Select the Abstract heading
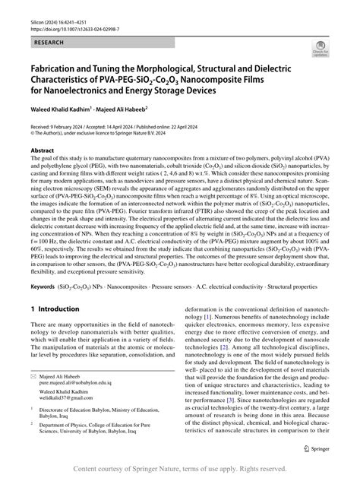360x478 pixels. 42,151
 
